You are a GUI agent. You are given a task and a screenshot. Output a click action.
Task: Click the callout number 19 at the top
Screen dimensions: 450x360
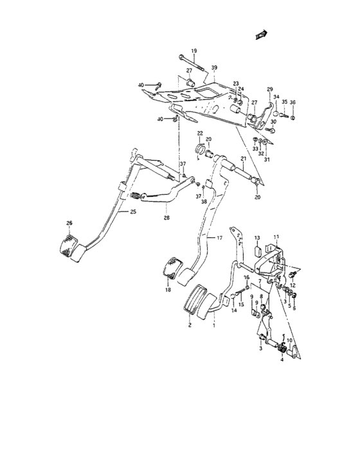coord(194,51)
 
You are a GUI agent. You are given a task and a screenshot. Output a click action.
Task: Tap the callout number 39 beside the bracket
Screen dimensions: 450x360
coord(215,67)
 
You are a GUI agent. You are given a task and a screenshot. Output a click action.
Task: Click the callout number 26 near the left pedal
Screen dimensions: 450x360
coord(69,224)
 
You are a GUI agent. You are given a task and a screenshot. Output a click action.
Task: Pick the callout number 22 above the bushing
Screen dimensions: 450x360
coord(200,133)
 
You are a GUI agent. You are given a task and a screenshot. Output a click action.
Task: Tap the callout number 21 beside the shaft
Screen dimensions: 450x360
coord(244,159)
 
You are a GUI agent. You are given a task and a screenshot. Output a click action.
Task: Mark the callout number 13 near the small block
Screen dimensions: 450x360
coord(256,237)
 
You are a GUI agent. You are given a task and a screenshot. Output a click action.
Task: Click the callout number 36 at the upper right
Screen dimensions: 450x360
coord(292,102)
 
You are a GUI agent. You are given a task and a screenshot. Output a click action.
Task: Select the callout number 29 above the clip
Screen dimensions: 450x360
coord(270,89)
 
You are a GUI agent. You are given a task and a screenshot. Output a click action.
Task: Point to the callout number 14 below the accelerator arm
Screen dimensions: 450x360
coord(234,310)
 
